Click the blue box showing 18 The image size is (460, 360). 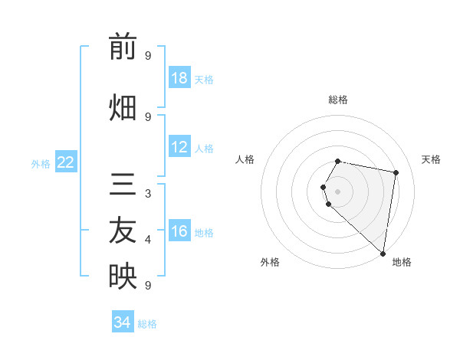coord(179,78)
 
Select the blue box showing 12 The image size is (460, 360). coord(179,148)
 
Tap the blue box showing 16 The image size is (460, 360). coord(179,232)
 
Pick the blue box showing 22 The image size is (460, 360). coord(66,162)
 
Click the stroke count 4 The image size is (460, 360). coord(147,240)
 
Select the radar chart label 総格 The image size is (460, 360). coord(338,100)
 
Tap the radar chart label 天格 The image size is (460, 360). coord(431,159)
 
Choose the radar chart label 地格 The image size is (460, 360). coord(402,262)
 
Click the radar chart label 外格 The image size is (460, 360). coord(270,262)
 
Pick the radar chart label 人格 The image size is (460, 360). coord(245,159)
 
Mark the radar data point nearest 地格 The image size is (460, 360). coord(383,253)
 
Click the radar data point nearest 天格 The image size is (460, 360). coord(396,172)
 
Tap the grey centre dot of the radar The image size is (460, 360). coord(338,191)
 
